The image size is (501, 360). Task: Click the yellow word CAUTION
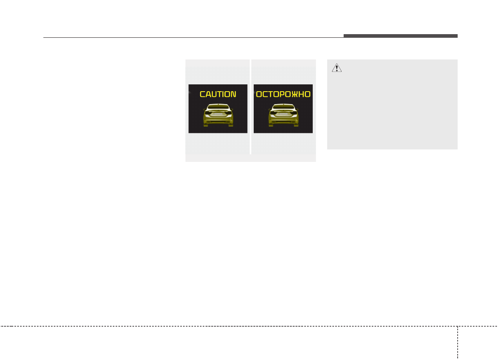coord(218,94)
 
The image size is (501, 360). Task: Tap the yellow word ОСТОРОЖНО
coord(283,94)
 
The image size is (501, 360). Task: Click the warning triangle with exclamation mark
coord(336,68)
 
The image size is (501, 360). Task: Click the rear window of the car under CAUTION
coord(218,108)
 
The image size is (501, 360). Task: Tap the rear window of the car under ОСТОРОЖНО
coord(283,108)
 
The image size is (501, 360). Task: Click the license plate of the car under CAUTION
coord(218,114)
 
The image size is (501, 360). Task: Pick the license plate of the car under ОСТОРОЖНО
coord(283,114)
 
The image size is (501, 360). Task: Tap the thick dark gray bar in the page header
coord(400,36)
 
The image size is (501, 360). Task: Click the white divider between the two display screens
coord(250,106)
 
